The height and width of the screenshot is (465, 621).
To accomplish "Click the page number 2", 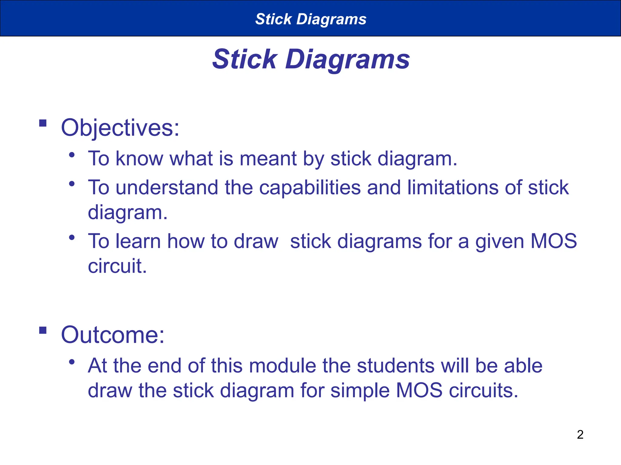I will [x=580, y=434].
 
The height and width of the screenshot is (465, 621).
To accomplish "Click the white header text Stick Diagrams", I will [x=311, y=19].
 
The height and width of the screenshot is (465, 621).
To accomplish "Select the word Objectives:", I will [x=120, y=128].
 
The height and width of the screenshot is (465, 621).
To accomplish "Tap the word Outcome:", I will [x=112, y=335].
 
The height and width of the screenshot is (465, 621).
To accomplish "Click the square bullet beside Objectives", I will [x=43, y=123].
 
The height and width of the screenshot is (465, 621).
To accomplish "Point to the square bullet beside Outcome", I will [x=43, y=330].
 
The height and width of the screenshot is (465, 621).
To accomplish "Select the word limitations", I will [x=452, y=188].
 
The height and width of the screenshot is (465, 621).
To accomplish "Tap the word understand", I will [x=167, y=188].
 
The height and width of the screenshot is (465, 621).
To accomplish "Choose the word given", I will [x=499, y=242].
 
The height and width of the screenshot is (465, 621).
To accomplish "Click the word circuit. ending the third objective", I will [x=117, y=266].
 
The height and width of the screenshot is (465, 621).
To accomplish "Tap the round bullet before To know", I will [x=72, y=155].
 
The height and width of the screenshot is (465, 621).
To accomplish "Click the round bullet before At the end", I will [x=72, y=362].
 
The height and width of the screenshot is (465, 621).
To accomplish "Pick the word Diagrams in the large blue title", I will [x=347, y=59].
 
